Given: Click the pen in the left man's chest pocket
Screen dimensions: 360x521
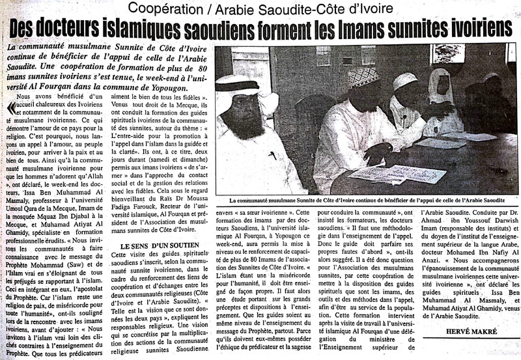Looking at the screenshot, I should coord(273,155).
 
